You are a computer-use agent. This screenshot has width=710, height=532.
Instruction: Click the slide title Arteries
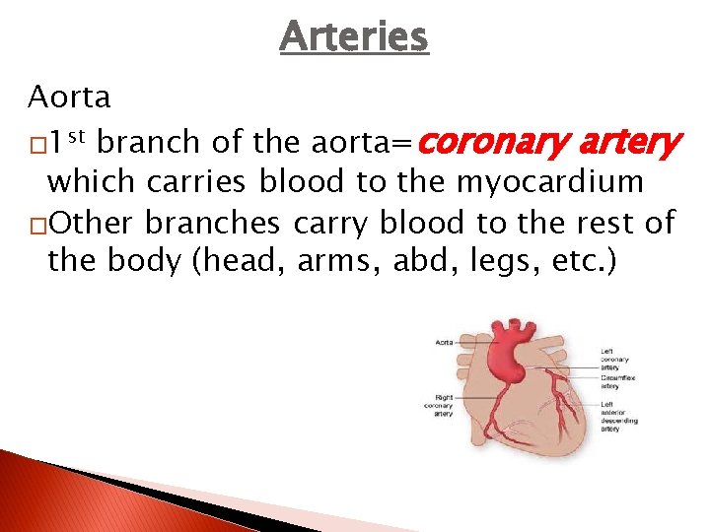click(x=354, y=37)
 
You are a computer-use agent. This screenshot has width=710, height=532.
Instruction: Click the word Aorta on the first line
click(x=69, y=98)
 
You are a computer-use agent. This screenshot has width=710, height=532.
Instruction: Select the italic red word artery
click(x=627, y=144)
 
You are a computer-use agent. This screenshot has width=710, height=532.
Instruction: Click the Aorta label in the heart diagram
click(x=443, y=342)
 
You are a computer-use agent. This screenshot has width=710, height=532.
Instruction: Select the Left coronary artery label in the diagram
click(x=615, y=359)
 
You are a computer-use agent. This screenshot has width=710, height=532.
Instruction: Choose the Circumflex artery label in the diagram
click(x=619, y=382)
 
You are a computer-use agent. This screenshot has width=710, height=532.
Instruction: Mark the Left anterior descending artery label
click(x=619, y=416)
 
